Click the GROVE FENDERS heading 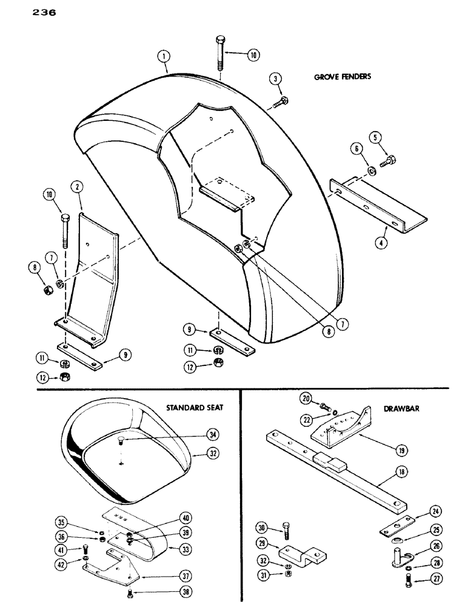[x=342, y=77]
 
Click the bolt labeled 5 [x=388, y=161]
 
